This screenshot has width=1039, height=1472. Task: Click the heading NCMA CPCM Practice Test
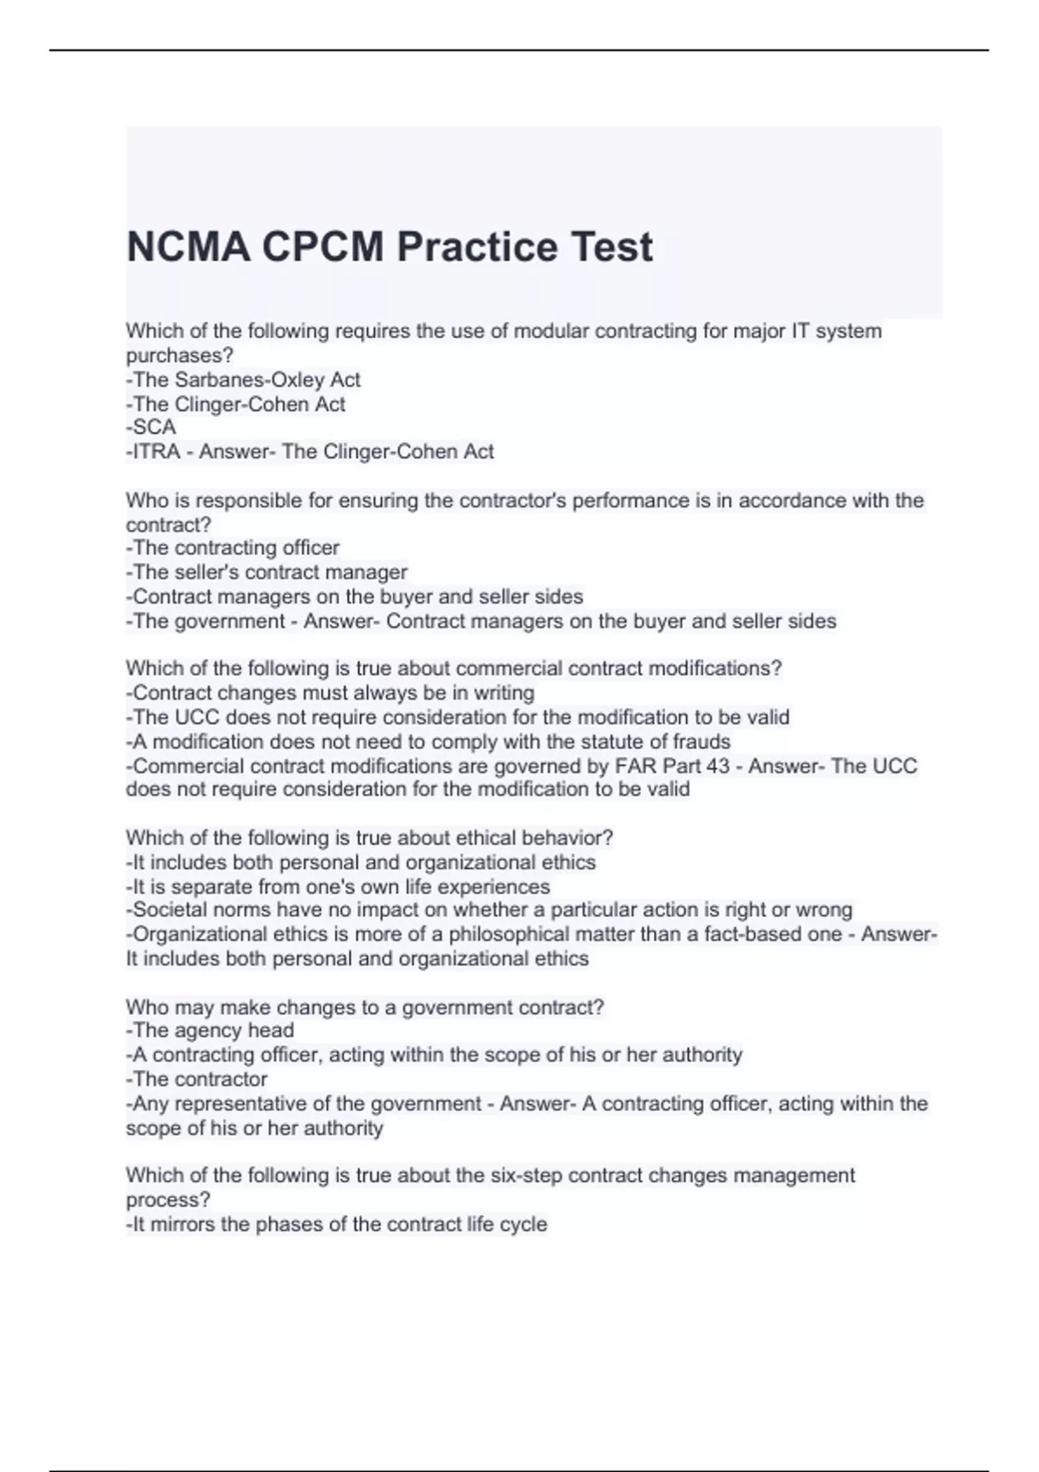tap(389, 247)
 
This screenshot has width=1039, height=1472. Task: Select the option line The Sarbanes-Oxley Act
tap(245, 379)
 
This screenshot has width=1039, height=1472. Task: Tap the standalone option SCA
tap(153, 427)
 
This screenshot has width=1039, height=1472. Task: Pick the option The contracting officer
tap(234, 547)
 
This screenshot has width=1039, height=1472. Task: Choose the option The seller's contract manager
tap(268, 571)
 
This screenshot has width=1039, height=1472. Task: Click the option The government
tap(208, 621)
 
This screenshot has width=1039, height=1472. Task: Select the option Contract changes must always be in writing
tap(332, 693)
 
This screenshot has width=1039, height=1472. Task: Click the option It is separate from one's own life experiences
tap(339, 887)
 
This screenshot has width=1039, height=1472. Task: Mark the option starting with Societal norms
tap(490, 910)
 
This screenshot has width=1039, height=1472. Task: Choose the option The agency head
tap(212, 1030)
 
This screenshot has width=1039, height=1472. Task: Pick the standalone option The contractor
tap(198, 1079)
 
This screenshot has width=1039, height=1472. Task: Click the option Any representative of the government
tap(305, 1103)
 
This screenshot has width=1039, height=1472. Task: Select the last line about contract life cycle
tap(338, 1224)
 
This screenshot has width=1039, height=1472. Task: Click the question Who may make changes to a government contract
tap(365, 1007)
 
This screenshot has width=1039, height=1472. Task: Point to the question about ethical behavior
tap(370, 838)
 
